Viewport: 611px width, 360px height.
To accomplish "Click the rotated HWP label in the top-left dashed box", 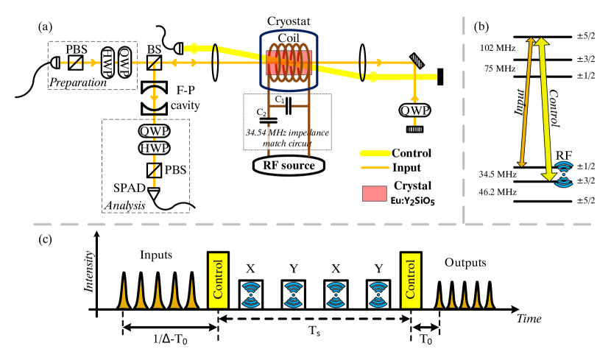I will pos(107,63).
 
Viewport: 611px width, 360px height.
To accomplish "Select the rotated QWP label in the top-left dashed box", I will pos(124,63).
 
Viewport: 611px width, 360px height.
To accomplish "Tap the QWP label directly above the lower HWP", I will pos(154,131).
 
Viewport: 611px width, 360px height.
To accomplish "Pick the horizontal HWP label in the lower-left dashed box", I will pos(154,148).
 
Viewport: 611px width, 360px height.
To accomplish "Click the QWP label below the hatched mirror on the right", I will pos(414,110).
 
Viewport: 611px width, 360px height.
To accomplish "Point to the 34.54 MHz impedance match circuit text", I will pos(287,138).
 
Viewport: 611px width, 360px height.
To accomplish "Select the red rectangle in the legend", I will pos(374,194).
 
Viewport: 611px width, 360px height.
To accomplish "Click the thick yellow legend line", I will pos(375,153).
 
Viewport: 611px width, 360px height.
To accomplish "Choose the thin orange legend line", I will pos(375,168).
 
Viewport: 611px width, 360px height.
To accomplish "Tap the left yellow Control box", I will pos(218,280).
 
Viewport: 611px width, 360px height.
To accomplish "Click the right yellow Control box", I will pos(411,280).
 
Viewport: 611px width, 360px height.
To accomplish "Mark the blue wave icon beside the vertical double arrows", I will pos(563,174).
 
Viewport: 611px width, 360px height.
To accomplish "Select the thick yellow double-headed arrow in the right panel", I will pos(545,109).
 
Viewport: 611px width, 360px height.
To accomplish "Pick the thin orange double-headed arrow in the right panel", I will pos(526,103).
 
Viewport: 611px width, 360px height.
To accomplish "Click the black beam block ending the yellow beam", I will pos(440,77).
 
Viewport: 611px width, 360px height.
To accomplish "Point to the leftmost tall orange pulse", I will pos(124,294).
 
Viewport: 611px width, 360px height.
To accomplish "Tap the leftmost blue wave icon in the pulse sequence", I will pos(251,294).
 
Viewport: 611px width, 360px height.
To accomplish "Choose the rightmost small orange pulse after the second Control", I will pos(490,299).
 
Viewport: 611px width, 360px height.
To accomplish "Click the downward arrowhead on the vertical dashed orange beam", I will pos(154,97).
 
